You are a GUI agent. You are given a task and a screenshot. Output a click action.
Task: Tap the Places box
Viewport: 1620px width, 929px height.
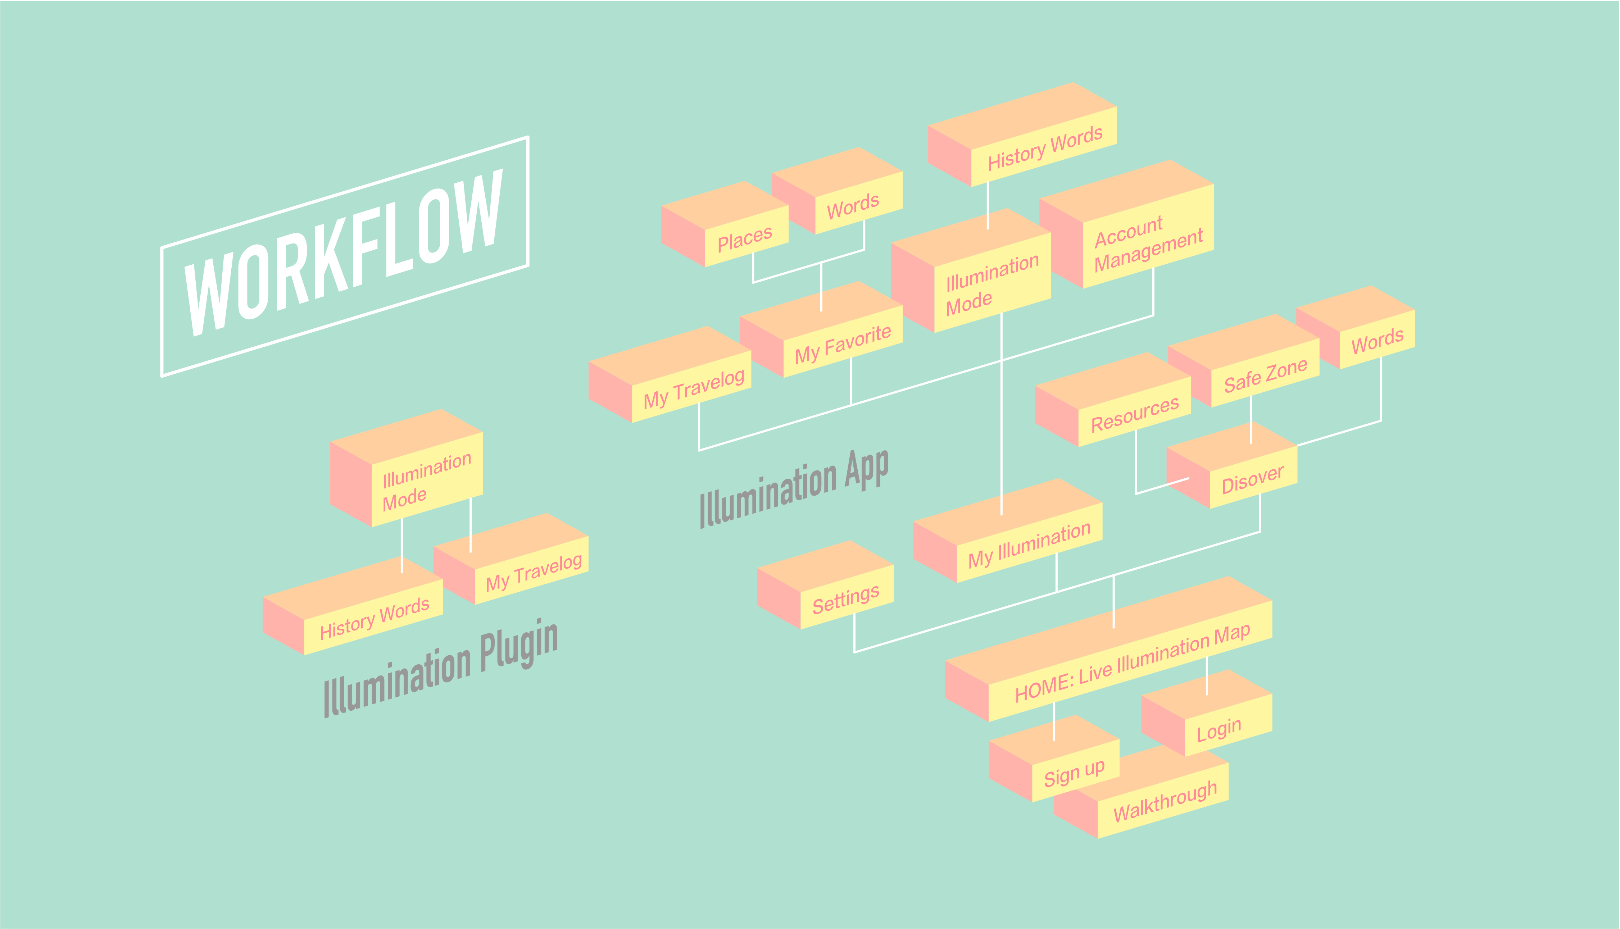745,238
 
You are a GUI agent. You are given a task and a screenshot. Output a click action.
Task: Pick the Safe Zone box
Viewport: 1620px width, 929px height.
1265,375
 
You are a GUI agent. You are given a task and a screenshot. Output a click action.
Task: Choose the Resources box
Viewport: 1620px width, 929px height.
1134,414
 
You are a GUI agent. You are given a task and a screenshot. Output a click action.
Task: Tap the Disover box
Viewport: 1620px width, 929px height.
1252,479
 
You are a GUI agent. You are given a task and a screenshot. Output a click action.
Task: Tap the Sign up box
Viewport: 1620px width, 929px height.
1074,773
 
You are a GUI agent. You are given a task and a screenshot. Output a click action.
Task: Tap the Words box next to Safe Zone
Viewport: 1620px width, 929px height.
1377,341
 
